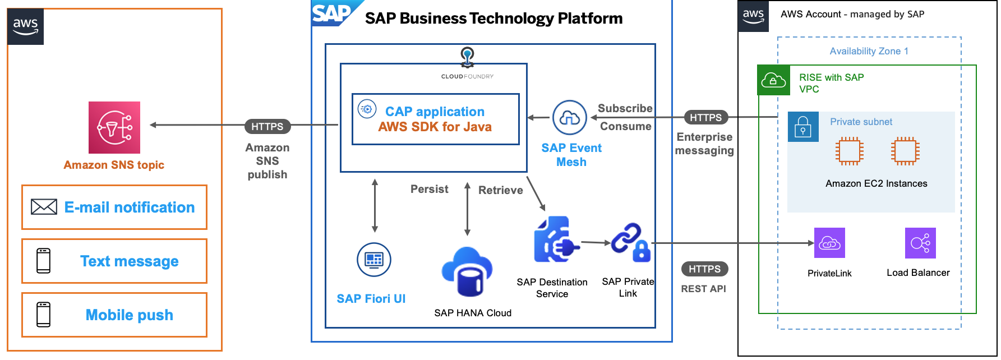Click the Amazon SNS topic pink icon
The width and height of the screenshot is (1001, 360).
[114, 127]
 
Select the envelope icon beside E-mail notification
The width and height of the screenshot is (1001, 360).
[44, 207]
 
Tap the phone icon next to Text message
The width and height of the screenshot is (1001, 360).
[44, 261]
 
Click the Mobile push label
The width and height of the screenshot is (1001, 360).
[129, 315]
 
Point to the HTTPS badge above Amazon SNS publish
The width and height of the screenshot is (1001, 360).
[267, 127]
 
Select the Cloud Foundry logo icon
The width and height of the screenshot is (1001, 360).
[467, 56]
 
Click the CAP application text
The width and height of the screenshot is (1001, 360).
[435, 112]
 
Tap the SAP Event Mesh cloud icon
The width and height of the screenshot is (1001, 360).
[570, 118]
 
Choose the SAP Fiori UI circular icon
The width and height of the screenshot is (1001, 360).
[374, 260]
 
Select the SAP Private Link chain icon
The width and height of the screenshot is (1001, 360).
[630, 242]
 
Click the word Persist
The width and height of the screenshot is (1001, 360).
[429, 190]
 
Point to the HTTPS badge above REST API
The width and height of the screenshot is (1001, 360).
[704, 269]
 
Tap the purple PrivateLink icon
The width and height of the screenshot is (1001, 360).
[829, 243]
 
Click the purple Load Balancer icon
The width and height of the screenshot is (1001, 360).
[920, 243]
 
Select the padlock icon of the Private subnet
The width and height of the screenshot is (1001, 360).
[803, 126]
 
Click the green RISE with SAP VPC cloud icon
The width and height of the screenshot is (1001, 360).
[773, 81]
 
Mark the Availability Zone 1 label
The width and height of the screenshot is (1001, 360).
[869, 51]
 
